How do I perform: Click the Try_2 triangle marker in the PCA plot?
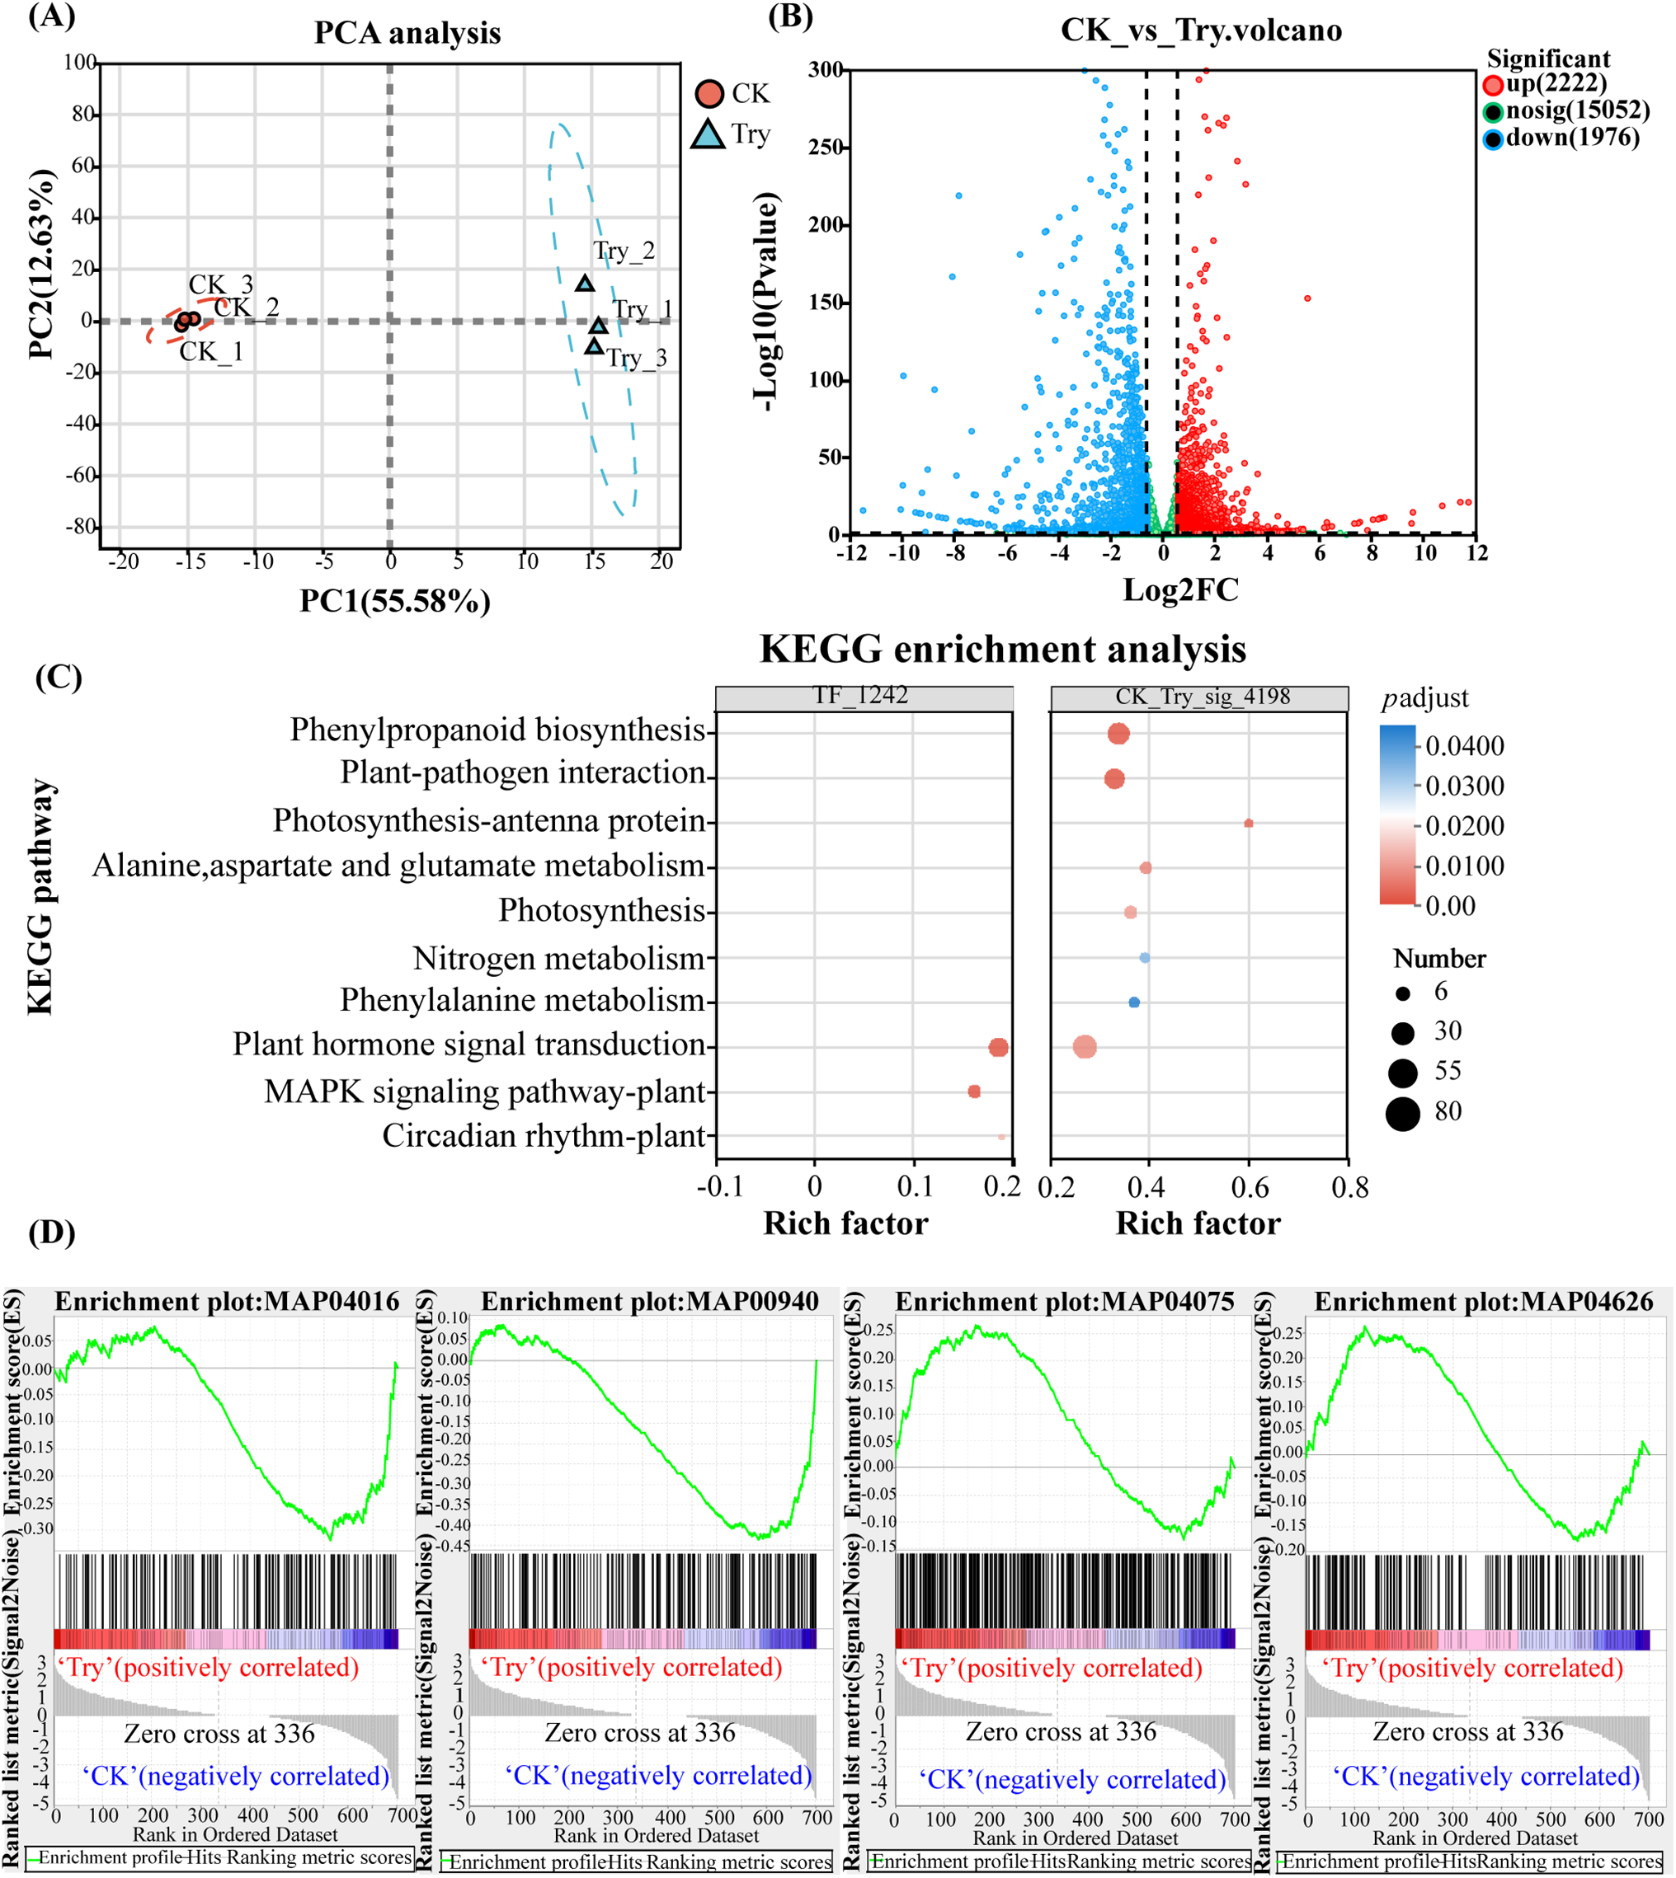pos(585,284)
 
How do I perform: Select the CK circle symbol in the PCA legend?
pos(709,94)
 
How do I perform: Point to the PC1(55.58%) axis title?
pos(394,601)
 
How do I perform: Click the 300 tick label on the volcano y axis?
pos(825,70)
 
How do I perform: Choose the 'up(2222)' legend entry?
pos(1556,85)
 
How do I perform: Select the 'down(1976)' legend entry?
pos(1572,139)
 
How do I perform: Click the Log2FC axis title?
pos(1180,589)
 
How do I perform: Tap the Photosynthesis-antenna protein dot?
pos(1249,823)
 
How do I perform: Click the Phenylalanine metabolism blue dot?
pos(1133,1002)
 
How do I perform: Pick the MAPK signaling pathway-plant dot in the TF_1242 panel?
pos(974,1091)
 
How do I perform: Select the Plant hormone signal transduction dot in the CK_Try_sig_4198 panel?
pos(1085,1047)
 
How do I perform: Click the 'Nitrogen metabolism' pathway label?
pos(558,958)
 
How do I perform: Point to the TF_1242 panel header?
pos(863,697)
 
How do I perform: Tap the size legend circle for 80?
pos(1402,1114)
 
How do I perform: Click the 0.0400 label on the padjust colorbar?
pos(1464,745)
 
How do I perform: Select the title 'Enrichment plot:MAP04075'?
pos(1065,1301)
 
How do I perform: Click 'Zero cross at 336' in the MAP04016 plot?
pos(219,1734)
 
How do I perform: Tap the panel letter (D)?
pos(52,1232)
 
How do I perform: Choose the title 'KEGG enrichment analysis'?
pos(1002,649)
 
